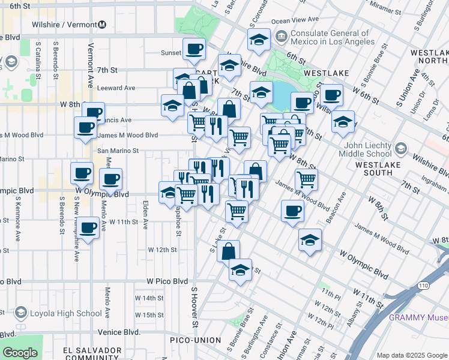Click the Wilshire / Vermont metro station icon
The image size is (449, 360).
[103, 25]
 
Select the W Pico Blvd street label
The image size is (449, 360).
[167, 281]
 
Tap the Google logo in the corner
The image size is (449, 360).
[19, 353]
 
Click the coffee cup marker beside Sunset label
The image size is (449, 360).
[194, 50]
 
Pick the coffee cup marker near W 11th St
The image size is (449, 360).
[88, 228]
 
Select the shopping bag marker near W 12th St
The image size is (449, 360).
[229, 251]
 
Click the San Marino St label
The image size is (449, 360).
[118, 151]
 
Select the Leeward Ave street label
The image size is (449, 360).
[116, 88]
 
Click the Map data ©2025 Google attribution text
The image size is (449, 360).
[411, 355]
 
